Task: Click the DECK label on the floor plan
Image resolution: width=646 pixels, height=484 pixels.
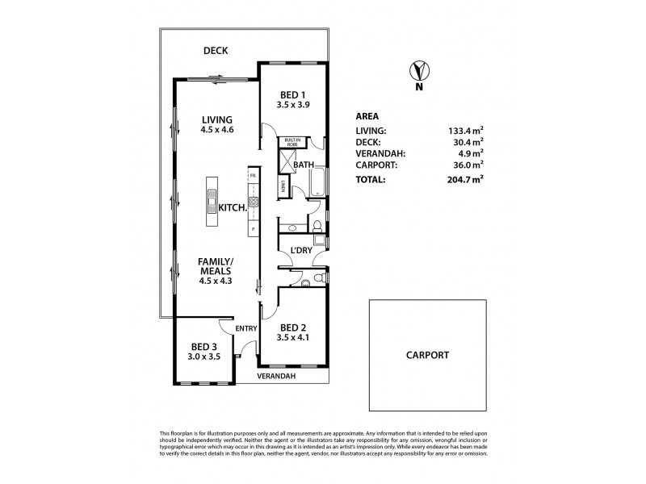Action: (215, 50)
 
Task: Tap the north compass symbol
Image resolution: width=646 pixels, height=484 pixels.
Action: (417, 71)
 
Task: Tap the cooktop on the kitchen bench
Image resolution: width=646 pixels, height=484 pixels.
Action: (253, 202)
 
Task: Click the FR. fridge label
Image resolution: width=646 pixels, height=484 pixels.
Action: (253, 175)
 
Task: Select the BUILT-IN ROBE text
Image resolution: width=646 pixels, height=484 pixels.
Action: (290, 142)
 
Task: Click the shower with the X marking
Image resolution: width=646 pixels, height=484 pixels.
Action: (286, 160)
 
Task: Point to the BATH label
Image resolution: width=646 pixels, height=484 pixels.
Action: (304, 165)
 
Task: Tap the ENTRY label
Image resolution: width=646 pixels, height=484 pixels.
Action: (245, 328)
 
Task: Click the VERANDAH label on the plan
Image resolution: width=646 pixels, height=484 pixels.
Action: (275, 376)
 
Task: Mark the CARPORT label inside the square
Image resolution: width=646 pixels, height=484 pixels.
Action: (428, 355)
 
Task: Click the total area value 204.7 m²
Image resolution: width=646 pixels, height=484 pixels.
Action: (466, 180)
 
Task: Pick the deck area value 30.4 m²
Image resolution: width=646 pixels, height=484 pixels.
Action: (468, 141)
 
